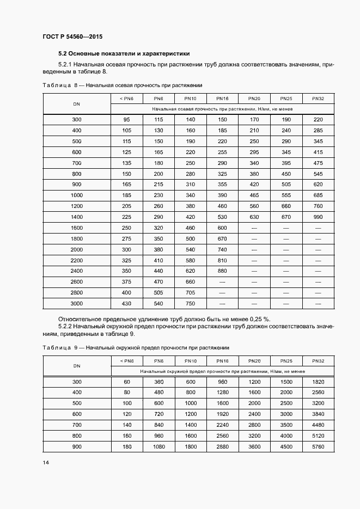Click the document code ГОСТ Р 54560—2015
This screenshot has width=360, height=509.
pyautogui.click(x=72, y=36)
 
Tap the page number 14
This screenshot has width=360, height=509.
pyautogui.click(x=46, y=462)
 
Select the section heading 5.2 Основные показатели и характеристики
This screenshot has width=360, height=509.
pyautogui.click(x=124, y=54)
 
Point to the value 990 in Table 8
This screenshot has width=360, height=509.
pyautogui.click(x=318, y=216)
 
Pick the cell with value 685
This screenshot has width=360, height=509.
pyautogui.click(x=318, y=195)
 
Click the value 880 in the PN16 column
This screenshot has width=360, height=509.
pyautogui.click(x=222, y=271)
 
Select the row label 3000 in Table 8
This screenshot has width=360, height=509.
pyautogui.click(x=77, y=303)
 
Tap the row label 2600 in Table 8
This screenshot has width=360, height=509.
pyautogui.click(x=77, y=281)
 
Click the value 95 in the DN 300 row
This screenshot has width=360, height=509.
pyautogui.click(x=126, y=119)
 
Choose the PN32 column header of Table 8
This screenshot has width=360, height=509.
pyautogui.click(x=318, y=99)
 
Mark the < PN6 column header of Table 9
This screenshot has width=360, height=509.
pyautogui.click(x=126, y=361)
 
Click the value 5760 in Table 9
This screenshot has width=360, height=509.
pyautogui.click(x=318, y=447)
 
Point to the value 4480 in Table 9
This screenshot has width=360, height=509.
pyautogui.click(x=318, y=425)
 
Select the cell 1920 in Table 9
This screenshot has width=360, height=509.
pyautogui.click(x=222, y=414)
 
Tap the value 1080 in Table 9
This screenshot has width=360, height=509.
pyautogui.click(x=158, y=447)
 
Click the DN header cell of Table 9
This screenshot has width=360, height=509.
pyautogui.click(x=77, y=366)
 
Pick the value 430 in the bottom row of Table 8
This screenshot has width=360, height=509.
pyautogui.click(x=126, y=303)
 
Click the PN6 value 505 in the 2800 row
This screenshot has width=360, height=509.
pyautogui.click(x=158, y=292)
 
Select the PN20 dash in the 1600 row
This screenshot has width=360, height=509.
pyautogui.click(x=254, y=228)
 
